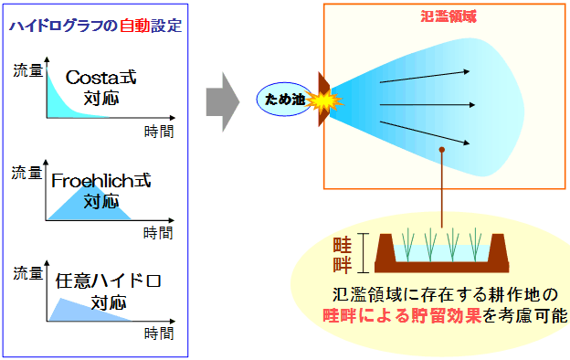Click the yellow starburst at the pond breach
coord(322,96)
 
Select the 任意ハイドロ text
coord(108,281)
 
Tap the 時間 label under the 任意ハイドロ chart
coord(159,335)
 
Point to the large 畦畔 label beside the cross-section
coord(343,253)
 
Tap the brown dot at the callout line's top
coord(442,150)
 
